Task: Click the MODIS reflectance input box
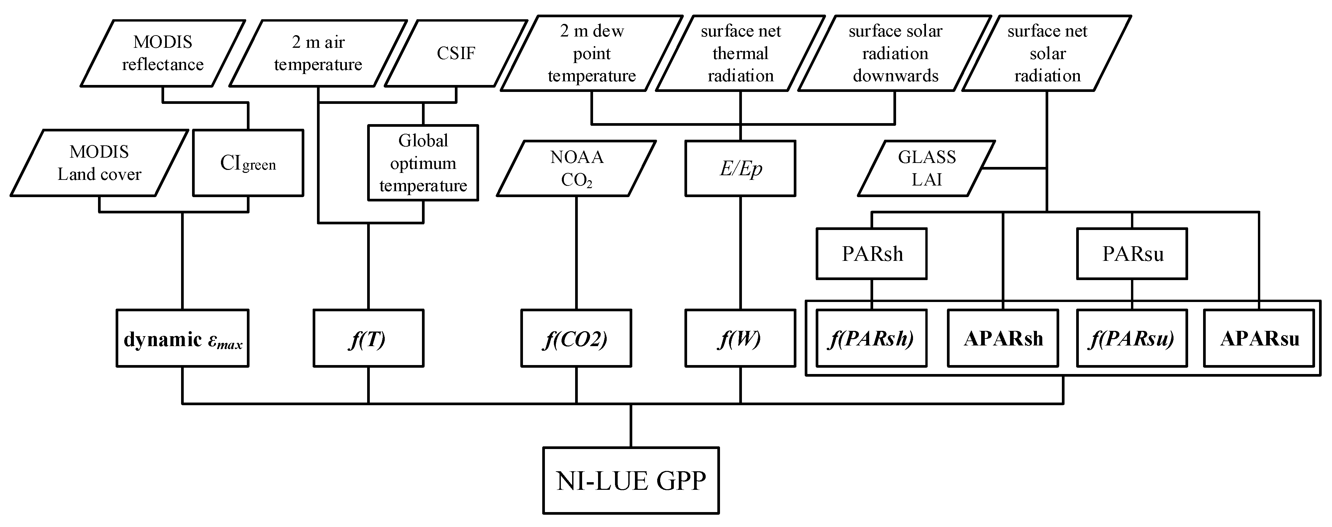(x=162, y=53)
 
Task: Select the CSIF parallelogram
(x=456, y=53)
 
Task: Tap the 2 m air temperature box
(x=318, y=53)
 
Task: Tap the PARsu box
(x=1132, y=254)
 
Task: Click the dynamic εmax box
(x=182, y=339)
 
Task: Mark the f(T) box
(x=368, y=339)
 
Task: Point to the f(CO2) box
(x=576, y=339)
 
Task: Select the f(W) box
(x=740, y=339)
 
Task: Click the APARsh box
(x=1003, y=339)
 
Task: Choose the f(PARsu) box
(x=1132, y=339)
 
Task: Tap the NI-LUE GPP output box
(x=631, y=481)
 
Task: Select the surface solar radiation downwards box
(x=895, y=53)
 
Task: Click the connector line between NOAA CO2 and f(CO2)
(x=576, y=253)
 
